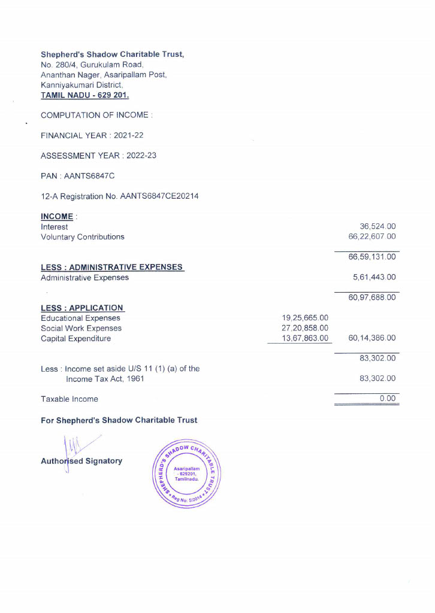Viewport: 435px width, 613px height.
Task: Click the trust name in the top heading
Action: [x=112, y=54]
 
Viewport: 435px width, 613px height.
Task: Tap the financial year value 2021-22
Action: [x=128, y=135]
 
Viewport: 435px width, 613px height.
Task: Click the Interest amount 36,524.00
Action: [x=377, y=227]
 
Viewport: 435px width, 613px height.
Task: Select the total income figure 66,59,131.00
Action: [x=372, y=257]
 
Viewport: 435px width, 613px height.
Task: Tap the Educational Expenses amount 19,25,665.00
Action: [x=305, y=318]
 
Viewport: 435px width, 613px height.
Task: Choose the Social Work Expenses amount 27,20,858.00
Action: [x=305, y=328]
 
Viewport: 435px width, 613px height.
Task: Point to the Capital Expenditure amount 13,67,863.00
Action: [x=305, y=338]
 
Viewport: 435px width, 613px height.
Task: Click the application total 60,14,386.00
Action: [x=372, y=338]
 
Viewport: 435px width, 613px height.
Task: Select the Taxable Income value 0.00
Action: [x=388, y=399]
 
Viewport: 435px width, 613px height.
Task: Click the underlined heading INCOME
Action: [x=57, y=217]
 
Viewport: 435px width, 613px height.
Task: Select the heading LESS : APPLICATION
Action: [x=82, y=308]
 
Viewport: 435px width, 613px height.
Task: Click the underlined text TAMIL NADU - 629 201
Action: [x=84, y=95]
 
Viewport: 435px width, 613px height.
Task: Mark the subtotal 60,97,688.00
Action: [x=372, y=298]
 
